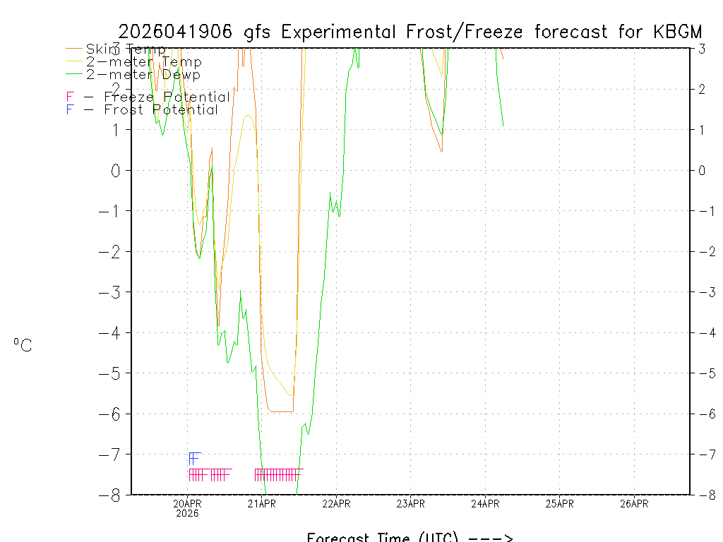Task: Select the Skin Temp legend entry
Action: click(x=126, y=49)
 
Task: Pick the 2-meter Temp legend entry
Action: click(x=143, y=61)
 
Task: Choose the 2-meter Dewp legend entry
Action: click(x=143, y=74)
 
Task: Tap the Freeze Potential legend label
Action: click(x=167, y=97)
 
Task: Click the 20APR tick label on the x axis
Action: click(x=188, y=503)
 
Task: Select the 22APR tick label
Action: click(x=336, y=503)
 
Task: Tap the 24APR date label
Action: click(x=485, y=503)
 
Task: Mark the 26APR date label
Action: click(x=634, y=503)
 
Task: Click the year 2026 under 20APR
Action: click(x=188, y=513)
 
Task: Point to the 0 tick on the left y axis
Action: click(x=116, y=170)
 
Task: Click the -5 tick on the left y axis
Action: click(x=111, y=373)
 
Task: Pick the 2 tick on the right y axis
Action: click(x=703, y=89)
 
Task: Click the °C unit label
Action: click(x=23, y=345)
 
